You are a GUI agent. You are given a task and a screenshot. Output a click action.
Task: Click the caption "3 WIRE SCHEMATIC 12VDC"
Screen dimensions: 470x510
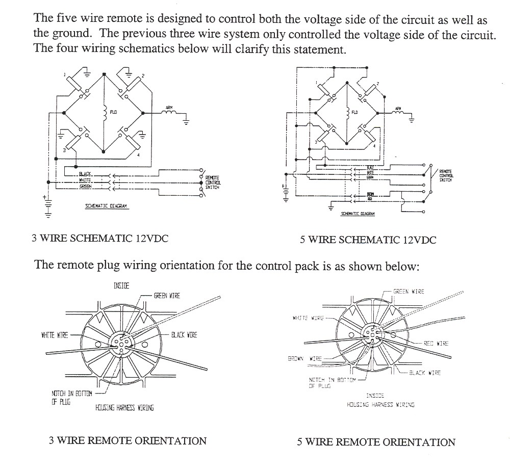[100, 238]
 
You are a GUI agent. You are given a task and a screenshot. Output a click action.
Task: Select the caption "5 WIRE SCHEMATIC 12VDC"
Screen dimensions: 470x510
[368, 240]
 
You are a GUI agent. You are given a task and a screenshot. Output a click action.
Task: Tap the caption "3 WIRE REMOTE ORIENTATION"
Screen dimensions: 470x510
[127, 440]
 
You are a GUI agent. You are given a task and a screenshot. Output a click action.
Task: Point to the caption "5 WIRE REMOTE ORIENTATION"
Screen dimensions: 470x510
[376, 442]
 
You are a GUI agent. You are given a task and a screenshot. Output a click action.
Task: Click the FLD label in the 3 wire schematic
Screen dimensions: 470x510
[113, 112]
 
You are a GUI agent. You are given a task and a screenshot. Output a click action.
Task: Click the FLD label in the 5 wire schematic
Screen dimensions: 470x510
[355, 112]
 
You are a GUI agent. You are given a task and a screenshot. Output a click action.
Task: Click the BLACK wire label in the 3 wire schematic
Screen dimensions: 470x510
[85, 174]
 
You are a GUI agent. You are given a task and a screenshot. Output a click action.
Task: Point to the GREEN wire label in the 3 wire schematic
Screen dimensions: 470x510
[85, 187]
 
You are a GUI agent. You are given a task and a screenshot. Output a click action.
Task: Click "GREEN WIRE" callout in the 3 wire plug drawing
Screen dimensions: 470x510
[167, 296]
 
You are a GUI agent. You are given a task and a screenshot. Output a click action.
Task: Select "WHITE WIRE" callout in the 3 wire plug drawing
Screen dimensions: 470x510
[55, 335]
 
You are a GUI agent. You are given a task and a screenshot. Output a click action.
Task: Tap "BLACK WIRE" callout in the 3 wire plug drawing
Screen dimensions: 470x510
[184, 335]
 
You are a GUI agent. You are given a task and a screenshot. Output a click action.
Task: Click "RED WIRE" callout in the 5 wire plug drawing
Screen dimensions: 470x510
[436, 344]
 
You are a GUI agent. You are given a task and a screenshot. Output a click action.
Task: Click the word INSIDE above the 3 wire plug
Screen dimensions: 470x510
[121, 285]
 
